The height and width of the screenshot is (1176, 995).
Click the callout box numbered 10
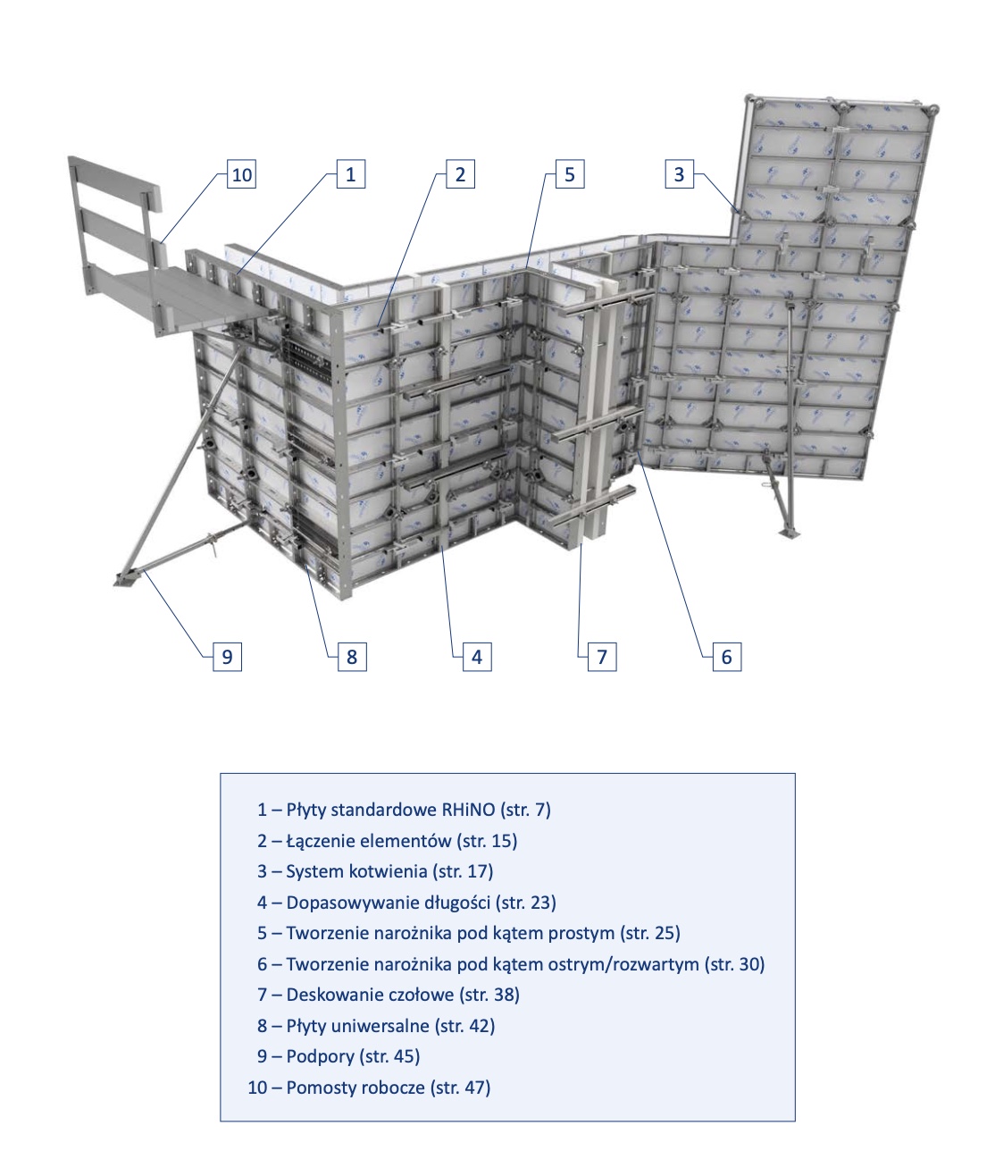242,173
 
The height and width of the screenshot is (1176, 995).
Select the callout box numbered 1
351,173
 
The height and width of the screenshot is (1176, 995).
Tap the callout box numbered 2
460,173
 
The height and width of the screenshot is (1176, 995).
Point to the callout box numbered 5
570,173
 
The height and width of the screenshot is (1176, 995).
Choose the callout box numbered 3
680,173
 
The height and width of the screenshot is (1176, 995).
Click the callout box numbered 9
228,657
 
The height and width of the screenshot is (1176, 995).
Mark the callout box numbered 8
352,657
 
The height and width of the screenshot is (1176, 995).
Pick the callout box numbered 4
477,657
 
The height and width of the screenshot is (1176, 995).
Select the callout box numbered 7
602,657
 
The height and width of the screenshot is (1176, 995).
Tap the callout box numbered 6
727,657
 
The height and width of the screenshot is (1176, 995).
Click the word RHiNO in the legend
469,810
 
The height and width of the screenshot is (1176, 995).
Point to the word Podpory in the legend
321,1056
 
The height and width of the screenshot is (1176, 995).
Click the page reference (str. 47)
460,1088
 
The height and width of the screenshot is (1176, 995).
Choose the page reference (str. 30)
734,964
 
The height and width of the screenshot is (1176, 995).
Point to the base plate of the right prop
790,533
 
